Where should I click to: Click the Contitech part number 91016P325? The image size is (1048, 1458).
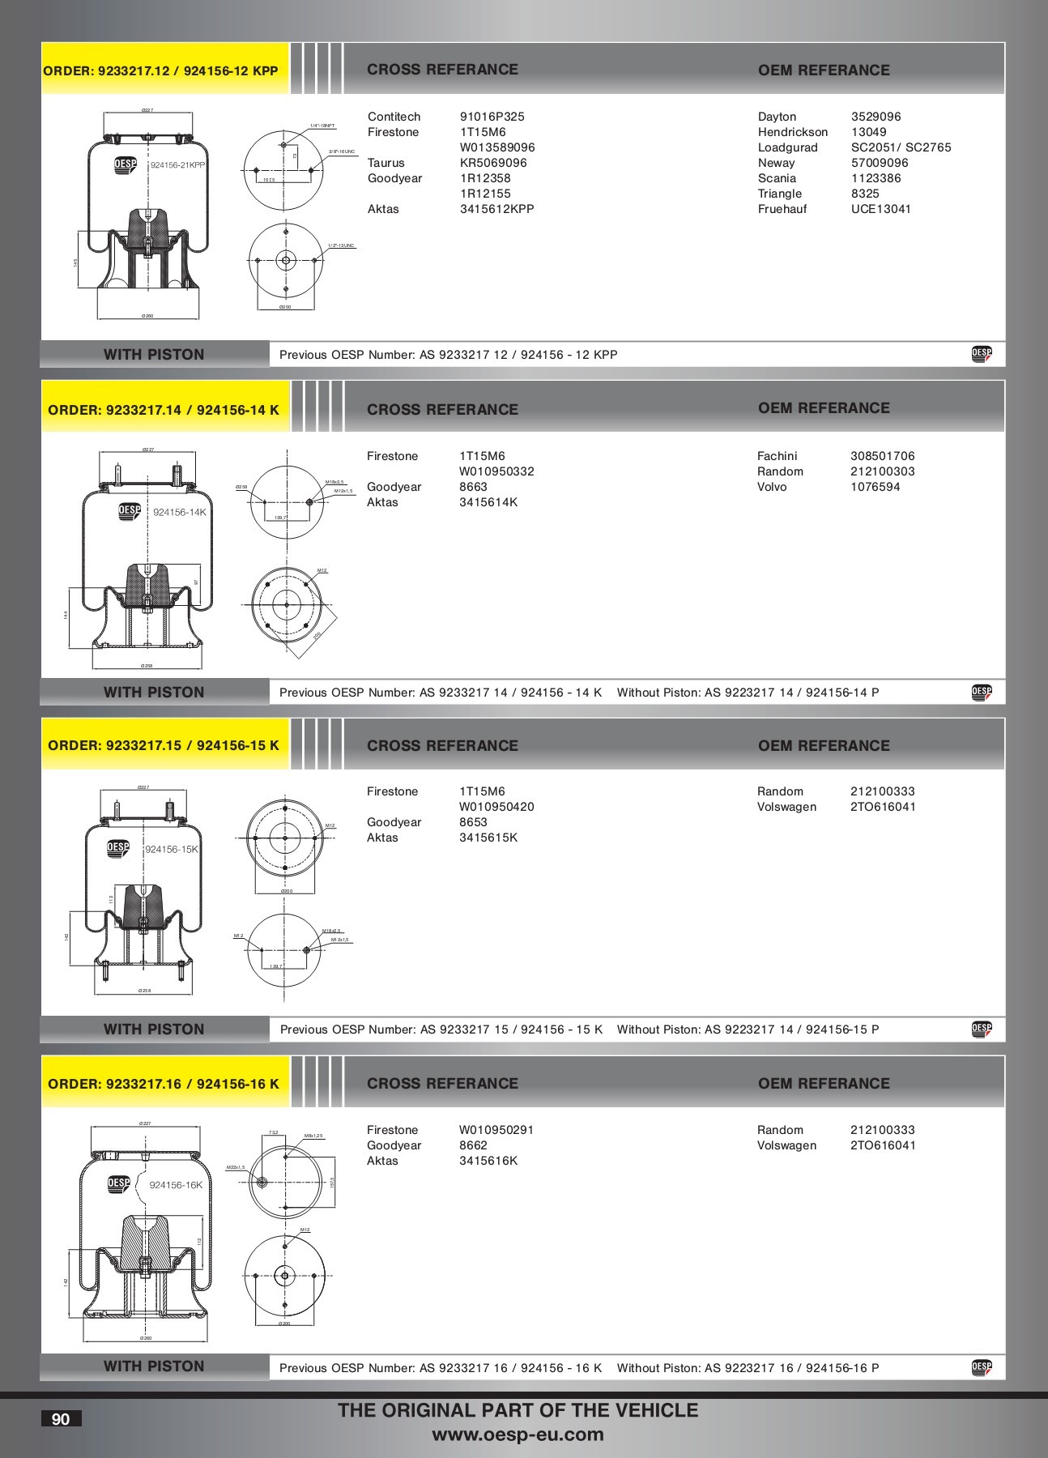pyautogui.click(x=492, y=117)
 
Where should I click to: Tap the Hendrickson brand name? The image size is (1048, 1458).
pyautogui.click(x=792, y=132)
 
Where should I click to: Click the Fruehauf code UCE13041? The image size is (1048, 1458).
pyautogui.click(x=880, y=209)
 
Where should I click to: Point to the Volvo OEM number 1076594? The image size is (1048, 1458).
pyautogui.click(x=875, y=487)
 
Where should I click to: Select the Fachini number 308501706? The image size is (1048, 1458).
pyautogui.click(x=882, y=456)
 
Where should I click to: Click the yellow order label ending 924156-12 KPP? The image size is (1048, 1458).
pyautogui.click(x=160, y=70)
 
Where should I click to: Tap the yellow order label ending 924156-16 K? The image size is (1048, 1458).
pyautogui.click(x=164, y=1084)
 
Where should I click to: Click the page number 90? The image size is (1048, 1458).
pyautogui.click(x=61, y=1419)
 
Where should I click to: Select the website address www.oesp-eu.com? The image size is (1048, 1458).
pyautogui.click(x=518, y=1435)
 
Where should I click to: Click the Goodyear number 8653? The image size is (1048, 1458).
pyautogui.click(x=473, y=822)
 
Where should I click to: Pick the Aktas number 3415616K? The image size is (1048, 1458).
pyautogui.click(x=488, y=1161)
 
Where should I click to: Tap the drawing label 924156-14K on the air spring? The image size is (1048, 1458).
pyautogui.click(x=179, y=512)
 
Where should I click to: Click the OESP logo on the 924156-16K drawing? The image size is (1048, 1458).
pyautogui.click(x=118, y=1183)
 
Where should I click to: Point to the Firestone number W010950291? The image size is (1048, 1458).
pyautogui.click(x=496, y=1130)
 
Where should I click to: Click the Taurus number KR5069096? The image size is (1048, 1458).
pyautogui.click(x=492, y=163)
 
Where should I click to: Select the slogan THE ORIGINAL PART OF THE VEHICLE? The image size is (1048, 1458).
pyautogui.click(x=518, y=1410)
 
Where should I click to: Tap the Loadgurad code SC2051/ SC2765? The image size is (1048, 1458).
pyautogui.click(x=901, y=147)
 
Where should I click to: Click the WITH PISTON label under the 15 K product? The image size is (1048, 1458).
pyautogui.click(x=154, y=1030)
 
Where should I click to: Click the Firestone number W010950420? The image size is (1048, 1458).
pyautogui.click(x=496, y=807)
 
